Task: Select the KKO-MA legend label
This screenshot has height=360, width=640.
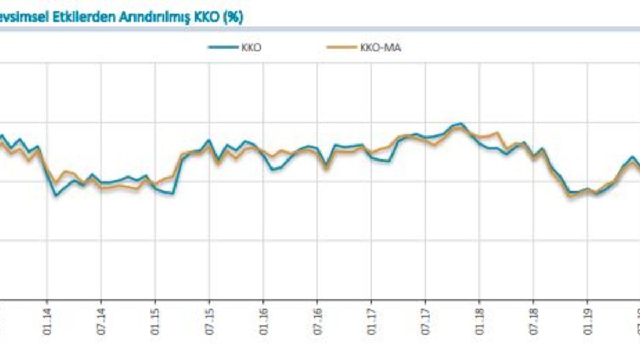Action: [x=380, y=47]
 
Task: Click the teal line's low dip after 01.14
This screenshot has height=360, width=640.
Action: [x=57, y=196]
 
